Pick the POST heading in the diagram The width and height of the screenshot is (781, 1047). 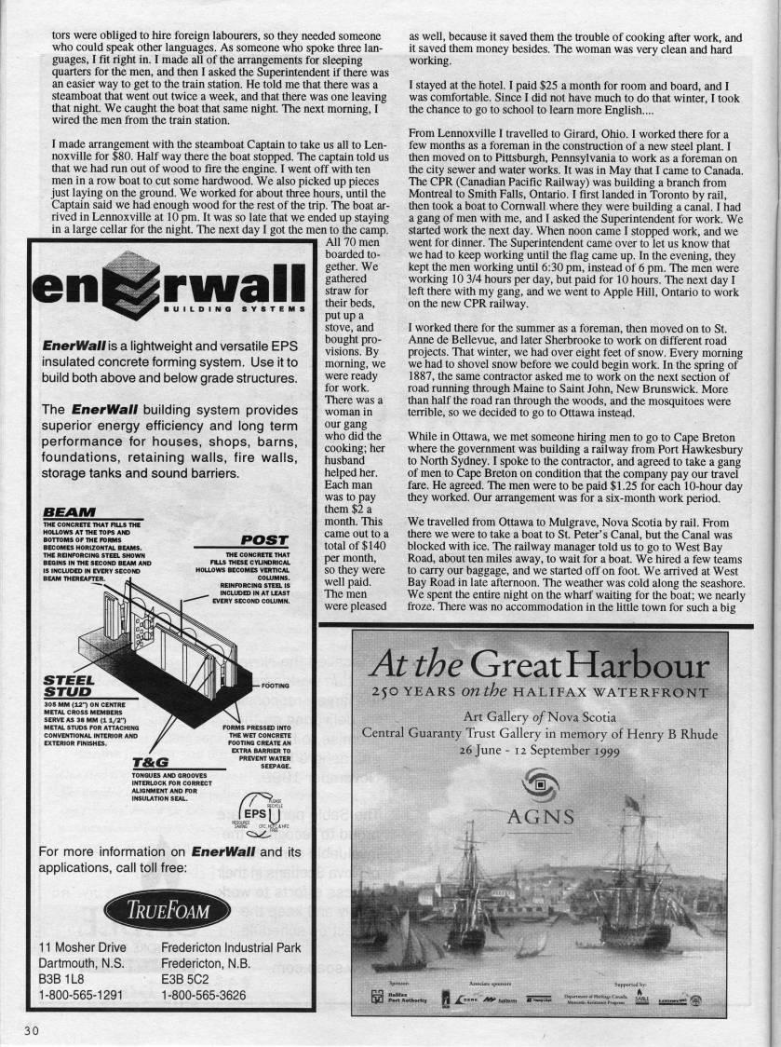pyautogui.click(x=263, y=539)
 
